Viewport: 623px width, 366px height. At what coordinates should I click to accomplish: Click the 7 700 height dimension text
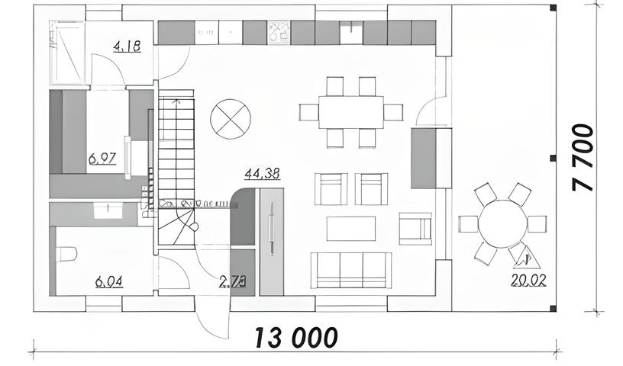(583, 158)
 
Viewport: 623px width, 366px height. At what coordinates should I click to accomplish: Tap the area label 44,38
(262, 174)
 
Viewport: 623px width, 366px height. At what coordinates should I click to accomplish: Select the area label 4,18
(127, 47)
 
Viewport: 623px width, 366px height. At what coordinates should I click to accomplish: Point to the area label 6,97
(102, 159)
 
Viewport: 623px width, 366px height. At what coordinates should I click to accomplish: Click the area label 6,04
(109, 282)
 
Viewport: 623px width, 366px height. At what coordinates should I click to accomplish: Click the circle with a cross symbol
(230, 117)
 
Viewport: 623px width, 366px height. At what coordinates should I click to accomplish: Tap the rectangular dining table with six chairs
(350, 112)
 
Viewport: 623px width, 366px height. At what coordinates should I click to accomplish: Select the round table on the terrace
(502, 224)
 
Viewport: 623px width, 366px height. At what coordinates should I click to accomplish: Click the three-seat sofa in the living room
(350, 269)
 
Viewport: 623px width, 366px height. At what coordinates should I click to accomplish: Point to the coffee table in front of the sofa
(350, 228)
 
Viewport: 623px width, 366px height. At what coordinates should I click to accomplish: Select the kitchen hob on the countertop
(279, 32)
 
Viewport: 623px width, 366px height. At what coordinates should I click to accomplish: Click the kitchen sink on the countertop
(351, 32)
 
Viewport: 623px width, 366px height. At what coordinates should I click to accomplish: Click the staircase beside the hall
(176, 164)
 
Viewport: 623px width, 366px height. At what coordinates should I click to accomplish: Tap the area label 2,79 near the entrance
(232, 282)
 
